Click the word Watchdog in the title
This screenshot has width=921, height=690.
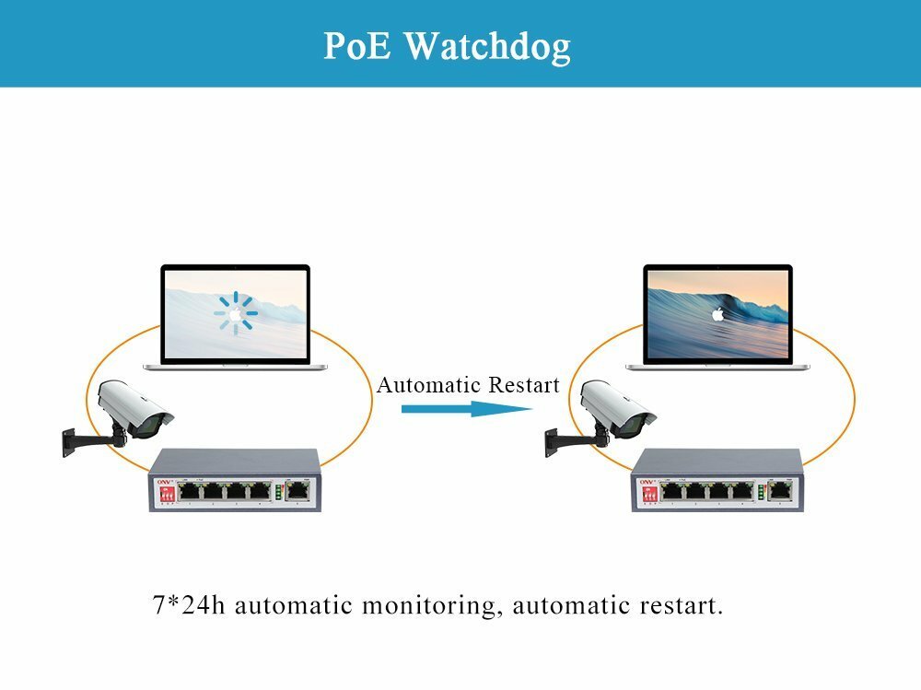[x=487, y=45]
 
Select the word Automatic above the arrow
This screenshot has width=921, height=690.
[x=429, y=384]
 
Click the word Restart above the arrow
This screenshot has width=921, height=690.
[x=523, y=384]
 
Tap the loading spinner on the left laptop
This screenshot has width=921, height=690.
[x=236, y=314]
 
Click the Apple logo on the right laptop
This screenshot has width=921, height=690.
[x=717, y=314]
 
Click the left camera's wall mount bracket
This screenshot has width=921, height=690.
[x=77, y=441]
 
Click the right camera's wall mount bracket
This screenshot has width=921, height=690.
[x=559, y=441]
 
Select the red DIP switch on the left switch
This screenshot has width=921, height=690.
[x=167, y=494]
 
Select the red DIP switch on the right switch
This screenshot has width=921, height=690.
[x=648, y=494]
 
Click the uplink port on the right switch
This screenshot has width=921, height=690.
[x=780, y=491]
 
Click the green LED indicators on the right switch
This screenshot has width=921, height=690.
[x=760, y=491]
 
